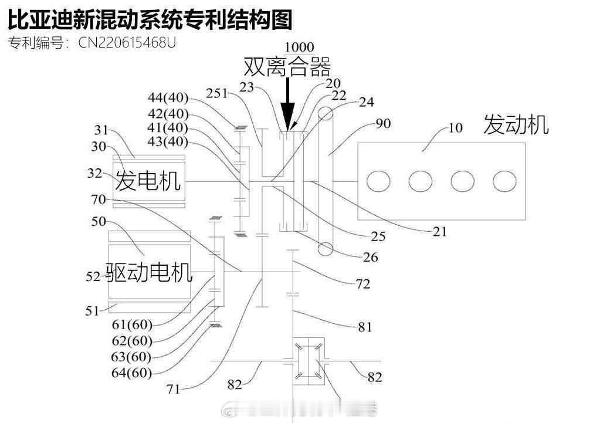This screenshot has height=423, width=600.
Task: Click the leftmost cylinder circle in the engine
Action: [378, 181]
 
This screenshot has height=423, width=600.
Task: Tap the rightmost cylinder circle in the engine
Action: [504, 181]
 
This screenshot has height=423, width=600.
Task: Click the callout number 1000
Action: [299, 47]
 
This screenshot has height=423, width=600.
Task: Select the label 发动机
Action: [516, 124]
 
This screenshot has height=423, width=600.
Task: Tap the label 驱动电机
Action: [149, 272]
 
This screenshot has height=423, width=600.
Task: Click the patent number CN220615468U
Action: [127, 42]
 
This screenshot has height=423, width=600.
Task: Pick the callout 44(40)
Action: [168, 97]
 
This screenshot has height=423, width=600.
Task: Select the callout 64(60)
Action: [131, 372]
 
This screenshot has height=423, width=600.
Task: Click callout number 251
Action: [216, 93]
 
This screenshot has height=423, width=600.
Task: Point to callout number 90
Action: [383, 123]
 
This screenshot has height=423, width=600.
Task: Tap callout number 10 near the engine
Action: [455, 128]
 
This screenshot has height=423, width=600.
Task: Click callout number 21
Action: [439, 231]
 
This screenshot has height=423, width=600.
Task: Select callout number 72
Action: [362, 283]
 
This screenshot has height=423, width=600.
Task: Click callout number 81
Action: [365, 327]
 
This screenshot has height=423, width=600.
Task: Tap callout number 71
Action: [174, 389]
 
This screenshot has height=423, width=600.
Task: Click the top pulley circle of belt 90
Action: [326, 114]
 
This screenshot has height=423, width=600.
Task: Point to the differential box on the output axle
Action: [309, 361]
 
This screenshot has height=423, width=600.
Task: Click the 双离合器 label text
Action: [287, 67]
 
